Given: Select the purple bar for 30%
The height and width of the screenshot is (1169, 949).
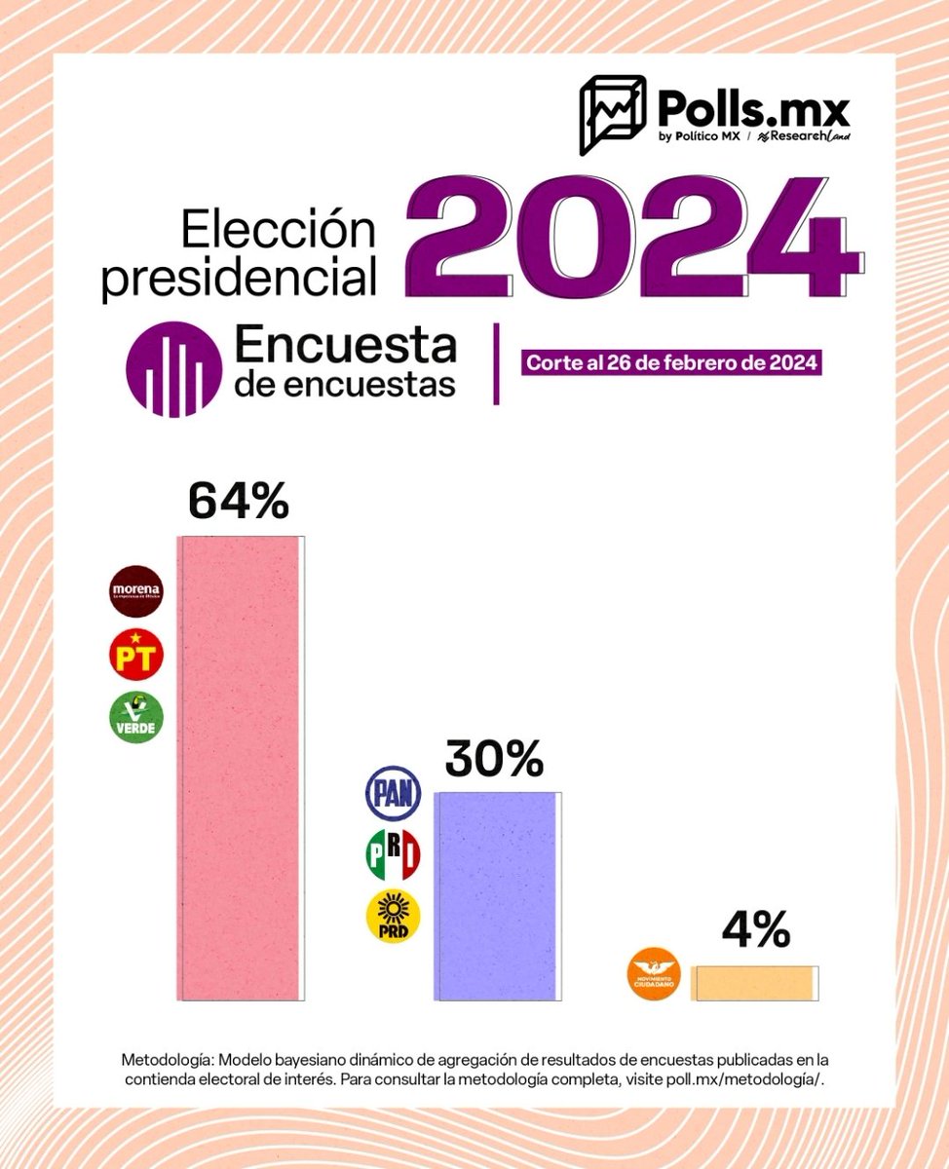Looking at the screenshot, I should click(x=498, y=895).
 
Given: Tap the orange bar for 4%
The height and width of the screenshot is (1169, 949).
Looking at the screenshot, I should click(x=754, y=983).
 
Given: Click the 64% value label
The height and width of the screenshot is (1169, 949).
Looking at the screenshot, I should click(x=239, y=501).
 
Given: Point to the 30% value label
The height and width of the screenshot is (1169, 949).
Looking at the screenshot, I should click(x=494, y=758).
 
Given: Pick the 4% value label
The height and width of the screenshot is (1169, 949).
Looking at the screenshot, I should click(x=755, y=930).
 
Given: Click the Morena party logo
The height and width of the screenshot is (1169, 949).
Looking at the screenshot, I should click(x=136, y=591).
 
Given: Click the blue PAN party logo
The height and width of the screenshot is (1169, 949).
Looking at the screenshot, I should click(x=393, y=793).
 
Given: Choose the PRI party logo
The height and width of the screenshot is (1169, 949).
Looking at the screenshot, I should click(x=393, y=854).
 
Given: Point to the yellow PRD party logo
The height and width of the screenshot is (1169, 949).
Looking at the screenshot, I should click(x=393, y=917).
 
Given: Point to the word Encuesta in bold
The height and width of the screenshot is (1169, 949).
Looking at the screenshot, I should click(x=346, y=345).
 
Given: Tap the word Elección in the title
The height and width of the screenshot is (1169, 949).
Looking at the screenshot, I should click(x=279, y=231).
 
